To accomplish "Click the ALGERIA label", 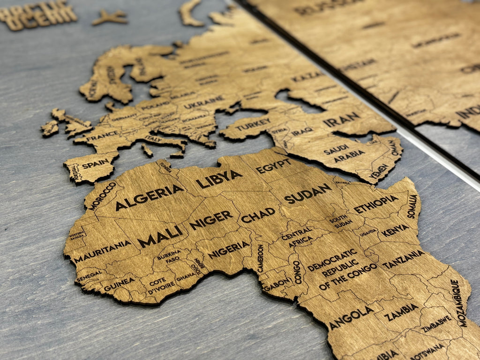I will [150, 197].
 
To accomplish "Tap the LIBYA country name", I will [219, 179].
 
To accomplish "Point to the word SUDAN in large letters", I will [307, 193].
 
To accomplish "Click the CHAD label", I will [258, 215].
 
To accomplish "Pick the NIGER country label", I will [211, 219].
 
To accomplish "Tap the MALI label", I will [160, 236].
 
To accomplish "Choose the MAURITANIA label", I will [102, 251].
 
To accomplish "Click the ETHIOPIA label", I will [376, 204].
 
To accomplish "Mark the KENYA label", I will [395, 230].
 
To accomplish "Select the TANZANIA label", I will [403, 259].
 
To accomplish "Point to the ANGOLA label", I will [351, 318].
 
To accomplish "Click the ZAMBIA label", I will [401, 312].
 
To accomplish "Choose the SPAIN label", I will [95, 164].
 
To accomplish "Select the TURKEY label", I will [253, 125].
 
